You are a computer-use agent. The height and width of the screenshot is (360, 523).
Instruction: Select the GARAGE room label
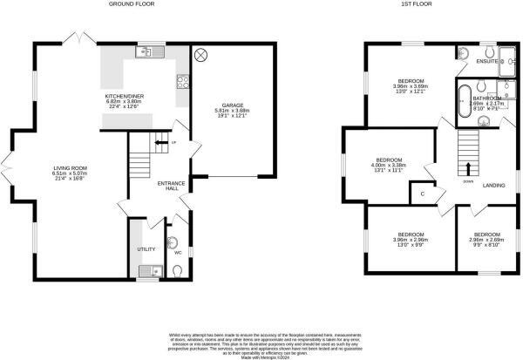[x=231, y=105]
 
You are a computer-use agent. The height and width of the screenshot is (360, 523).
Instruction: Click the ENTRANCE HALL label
[x=169, y=185]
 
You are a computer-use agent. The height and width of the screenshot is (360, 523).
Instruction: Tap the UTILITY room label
[x=146, y=248]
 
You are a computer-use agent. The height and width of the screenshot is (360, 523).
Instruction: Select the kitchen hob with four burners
[x=183, y=84]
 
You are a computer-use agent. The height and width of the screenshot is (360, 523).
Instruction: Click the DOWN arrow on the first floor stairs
[x=469, y=168]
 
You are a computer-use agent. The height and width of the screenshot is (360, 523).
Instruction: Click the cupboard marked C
[x=423, y=194]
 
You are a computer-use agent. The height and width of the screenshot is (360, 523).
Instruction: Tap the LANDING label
[x=495, y=185]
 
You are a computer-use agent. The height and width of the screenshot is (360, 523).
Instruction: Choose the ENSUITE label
[x=486, y=63]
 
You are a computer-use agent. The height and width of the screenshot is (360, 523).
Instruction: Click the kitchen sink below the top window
[x=150, y=53]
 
